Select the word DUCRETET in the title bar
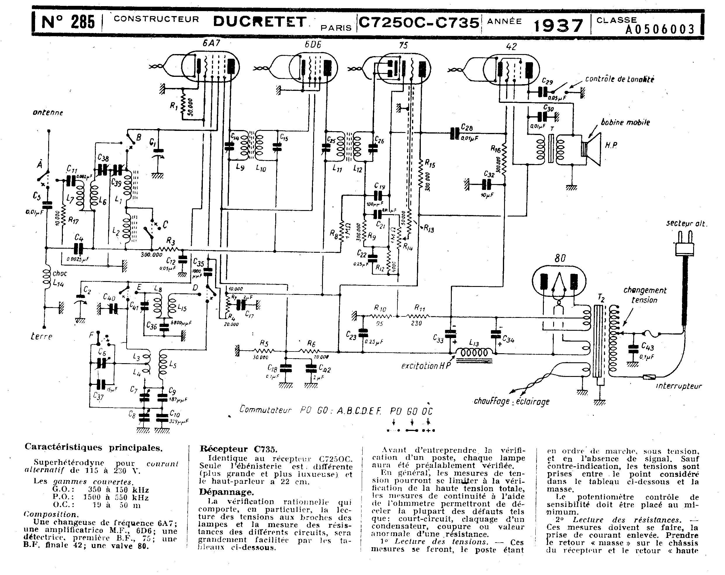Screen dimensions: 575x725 point(259,22)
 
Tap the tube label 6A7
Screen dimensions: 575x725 point(211,43)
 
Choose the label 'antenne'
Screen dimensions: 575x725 point(48,113)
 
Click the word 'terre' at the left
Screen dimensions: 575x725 point(41,336)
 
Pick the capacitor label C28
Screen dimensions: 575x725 point(467,127)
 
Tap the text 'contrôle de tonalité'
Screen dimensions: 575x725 point(620,79)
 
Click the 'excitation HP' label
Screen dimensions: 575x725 point(426,366)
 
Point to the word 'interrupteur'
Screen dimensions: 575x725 point(679,386)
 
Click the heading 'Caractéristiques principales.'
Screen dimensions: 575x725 point(94,448)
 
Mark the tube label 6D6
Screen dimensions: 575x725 point(313,44)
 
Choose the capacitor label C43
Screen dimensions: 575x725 point(647,346)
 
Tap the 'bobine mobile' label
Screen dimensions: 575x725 point(625,122)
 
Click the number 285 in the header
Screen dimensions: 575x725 point(83,22)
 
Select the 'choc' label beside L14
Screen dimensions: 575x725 point(60,273)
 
